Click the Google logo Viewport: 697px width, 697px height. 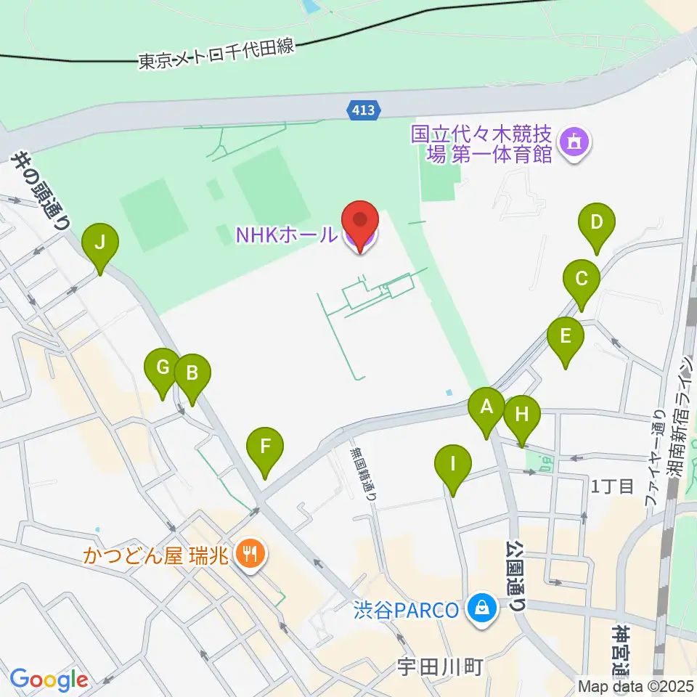coord(49,680)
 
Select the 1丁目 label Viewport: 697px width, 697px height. coord(612,486)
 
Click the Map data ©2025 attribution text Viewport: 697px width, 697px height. coord(635,685)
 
